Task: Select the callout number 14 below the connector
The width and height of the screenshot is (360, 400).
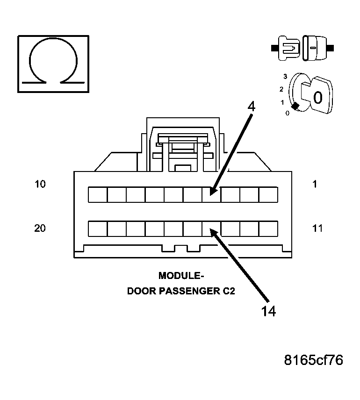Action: [268, 310]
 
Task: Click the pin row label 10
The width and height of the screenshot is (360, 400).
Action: [40, 184]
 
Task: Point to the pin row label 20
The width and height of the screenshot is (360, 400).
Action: [40, 229]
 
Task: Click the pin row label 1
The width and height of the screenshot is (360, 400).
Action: [315, 184]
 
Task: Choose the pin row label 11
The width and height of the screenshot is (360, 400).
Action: [317, 229]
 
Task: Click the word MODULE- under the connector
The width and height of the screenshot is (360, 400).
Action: [178, 275]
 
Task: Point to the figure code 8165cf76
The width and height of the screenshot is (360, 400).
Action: [314, 360]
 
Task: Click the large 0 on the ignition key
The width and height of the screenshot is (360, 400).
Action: [317, 97]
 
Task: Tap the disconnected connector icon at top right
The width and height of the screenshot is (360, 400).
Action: [302, 47]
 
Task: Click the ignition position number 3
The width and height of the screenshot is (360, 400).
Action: [285, 76]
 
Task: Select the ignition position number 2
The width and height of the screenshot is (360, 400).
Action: [281, 89]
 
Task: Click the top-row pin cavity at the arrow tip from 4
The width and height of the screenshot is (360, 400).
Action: [211, 194]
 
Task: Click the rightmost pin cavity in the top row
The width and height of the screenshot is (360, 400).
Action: [268, 194]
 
